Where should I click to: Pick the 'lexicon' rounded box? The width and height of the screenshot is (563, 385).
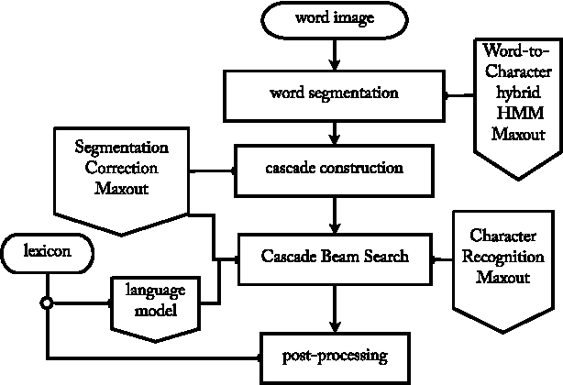[x=44, y=249]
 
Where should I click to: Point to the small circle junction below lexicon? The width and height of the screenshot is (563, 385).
[x=45, y=302]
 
